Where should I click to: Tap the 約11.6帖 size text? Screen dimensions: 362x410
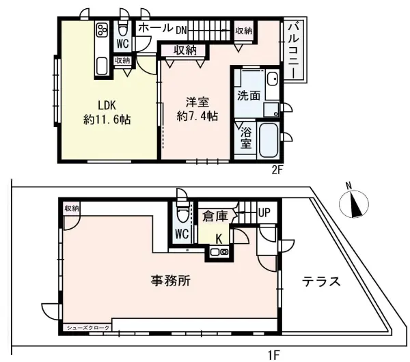(107, 119)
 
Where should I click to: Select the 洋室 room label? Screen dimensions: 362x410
(197, 102)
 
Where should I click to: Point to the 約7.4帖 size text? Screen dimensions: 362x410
(197, 116)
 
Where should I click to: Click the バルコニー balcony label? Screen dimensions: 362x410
(295, 48)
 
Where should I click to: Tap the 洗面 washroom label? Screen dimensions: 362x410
(248, 96)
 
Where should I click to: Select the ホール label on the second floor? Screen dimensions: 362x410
(154, 29)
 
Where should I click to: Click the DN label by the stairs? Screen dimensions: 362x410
(181, 30)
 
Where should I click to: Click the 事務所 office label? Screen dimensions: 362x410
(171, 279)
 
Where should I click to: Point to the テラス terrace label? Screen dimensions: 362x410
(321, 281)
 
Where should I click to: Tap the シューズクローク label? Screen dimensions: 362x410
(87, 328)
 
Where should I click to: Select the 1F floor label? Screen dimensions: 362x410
(273, 354)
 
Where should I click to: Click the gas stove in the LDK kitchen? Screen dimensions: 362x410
(102, 30)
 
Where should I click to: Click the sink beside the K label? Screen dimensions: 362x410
(219, 252)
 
